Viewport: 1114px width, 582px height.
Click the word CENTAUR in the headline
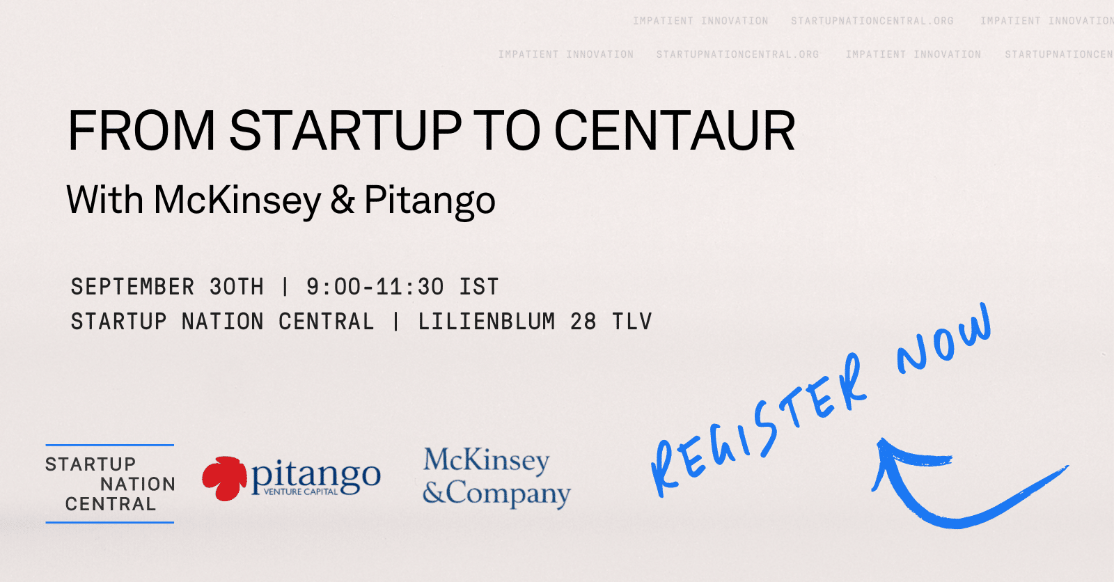675,130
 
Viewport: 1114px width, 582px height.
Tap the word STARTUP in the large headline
345,130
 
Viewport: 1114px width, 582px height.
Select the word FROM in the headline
141,130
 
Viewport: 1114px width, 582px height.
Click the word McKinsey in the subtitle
237,200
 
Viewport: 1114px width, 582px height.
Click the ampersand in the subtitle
343,200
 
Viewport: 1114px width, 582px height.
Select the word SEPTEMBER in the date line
132,287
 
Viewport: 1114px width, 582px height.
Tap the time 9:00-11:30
375,287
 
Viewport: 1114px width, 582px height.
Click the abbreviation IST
479,287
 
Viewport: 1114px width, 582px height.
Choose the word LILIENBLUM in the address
487,322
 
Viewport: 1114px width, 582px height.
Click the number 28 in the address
583,322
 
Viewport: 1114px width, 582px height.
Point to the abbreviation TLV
631,322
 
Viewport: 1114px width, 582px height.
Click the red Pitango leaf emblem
225,478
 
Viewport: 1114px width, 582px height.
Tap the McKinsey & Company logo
496,478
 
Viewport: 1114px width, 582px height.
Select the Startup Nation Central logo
110,484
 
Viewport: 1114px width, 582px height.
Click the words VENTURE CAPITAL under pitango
300,492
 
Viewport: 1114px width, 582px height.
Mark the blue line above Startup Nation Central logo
110,445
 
